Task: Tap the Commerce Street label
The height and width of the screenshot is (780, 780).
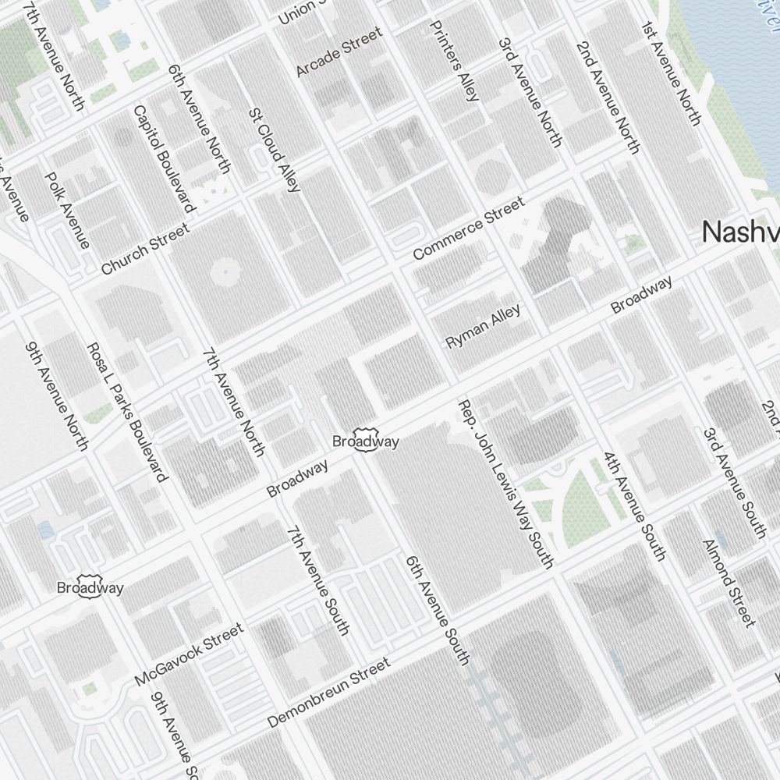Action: pos(468,229)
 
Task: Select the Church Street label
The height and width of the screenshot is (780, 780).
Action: pos(145,249)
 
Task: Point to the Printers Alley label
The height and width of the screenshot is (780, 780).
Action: pos(454,61)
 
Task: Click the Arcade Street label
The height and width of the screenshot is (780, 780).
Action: pos(339,51)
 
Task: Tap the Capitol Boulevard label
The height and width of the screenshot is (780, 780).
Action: pos(163,158)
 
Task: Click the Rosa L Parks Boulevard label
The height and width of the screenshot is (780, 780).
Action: pos(126,411)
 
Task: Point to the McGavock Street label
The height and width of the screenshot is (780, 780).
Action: pos(189,654)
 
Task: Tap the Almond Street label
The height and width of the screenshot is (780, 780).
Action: pos(729,582)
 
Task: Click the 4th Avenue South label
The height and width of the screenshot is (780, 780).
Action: pos(634,505)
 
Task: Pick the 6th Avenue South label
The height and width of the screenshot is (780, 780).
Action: pos(437,609)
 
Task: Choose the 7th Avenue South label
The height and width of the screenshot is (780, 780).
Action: pos(317,580)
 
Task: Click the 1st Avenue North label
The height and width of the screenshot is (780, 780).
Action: pos(671,73)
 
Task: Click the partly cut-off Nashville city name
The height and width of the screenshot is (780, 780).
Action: pos(740,232)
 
